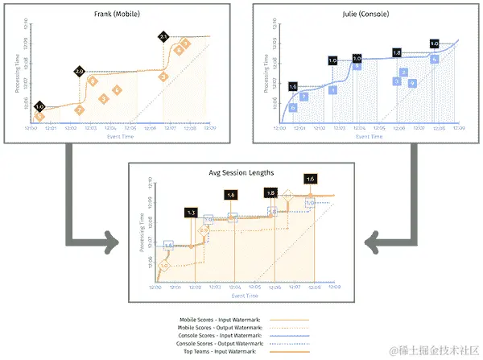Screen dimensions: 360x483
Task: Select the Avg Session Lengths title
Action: click(239, 172)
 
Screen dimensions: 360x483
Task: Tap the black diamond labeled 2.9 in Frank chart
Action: click(79, 72)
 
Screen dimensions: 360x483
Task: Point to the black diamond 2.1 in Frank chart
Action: click(163, 36)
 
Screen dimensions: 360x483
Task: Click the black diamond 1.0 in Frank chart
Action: click(39, 106)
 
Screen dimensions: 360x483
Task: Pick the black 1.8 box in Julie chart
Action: click(396, 52)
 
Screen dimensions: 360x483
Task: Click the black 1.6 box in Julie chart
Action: click(292, 86)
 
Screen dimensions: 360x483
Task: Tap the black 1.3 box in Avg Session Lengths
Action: click(191, 212)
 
